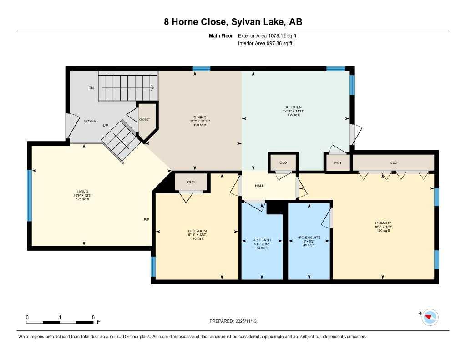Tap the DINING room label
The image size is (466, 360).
click(x=199, y=117)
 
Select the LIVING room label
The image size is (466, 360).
click(x=82, y=192)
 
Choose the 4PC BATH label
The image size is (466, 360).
click(x=262, y=240)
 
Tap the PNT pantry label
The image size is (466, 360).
click(x=338, y=162)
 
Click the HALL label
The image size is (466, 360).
click(x=259, y=186)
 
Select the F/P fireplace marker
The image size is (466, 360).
click(x=147, y=219)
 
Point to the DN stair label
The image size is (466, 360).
click(x=91, y=88)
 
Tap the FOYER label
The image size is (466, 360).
click(x=90, y=121)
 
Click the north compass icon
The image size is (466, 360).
click(x=430, y=317)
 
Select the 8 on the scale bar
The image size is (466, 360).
click(x=93, y=317)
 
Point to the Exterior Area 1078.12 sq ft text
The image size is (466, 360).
click(x=267, y=35)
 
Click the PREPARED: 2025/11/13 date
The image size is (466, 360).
click(x=236, y=321)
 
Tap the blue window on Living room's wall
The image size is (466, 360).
click(x=30, y=195)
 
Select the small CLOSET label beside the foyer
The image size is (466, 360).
click(x=144, y=119)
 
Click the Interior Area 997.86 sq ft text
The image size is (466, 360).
click(x=265, y=44)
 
